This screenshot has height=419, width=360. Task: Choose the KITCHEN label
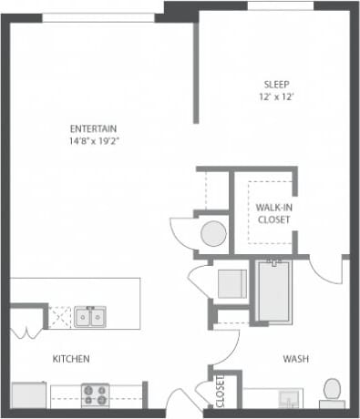point(70,359)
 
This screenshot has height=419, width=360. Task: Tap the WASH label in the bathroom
point(295,359)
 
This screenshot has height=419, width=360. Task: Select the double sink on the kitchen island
point(88,317)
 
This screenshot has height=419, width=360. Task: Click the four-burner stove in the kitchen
point(95,394)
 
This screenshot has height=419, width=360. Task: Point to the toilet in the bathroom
point(333,389)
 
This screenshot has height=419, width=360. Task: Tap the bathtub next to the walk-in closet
point(273,291)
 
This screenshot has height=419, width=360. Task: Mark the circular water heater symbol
point(213,233)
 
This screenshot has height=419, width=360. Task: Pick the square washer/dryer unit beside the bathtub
point(231,283)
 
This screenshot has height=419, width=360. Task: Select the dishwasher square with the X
point(61,317)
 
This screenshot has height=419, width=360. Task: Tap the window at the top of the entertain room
point(102,15)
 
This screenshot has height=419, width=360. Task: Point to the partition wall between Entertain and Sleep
point(194,73)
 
